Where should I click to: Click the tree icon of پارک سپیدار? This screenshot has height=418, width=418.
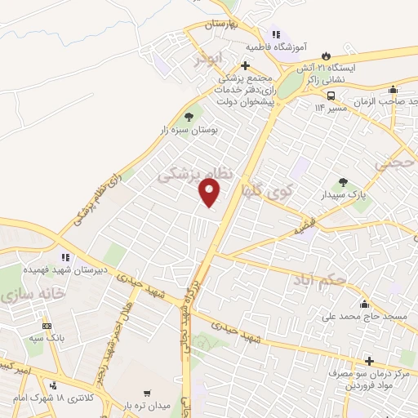point(344,183)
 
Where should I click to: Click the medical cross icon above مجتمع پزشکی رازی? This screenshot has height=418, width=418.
point(245,66)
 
